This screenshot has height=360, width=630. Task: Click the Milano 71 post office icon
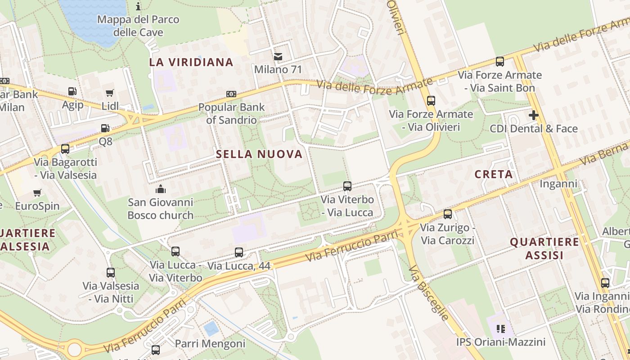click(x=278, y=57)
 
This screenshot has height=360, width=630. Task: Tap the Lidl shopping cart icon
click(x=109, y=93)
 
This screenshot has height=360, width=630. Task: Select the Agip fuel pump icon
click(x=72, y=91)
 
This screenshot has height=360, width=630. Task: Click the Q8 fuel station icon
click(x=105, y=128)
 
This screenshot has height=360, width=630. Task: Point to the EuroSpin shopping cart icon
click(x=37, y=193)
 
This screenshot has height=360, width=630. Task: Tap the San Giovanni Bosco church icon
click(x=160, y=189)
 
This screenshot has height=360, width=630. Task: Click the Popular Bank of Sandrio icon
click(x=231, y=94)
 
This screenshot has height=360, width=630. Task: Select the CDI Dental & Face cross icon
click(x=533, y=115)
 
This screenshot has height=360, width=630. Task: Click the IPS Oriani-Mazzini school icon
click(x=501, y=329)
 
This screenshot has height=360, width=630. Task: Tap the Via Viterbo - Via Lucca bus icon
click(x=347, y=186)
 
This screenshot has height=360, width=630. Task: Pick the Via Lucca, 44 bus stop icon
click(x=239, y=252)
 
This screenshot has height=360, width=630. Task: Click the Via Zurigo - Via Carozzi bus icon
click(x=447, y=214)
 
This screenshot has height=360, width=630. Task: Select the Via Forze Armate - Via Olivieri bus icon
click(x=431, y=101)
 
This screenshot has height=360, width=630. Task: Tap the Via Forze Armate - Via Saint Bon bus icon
click(x=499, y=62)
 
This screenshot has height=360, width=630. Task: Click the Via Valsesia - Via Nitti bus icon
click(x=111, y=272)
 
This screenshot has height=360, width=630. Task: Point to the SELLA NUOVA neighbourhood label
click(x=259, y=154)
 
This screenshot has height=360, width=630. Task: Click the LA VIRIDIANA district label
click(x=191, y=62)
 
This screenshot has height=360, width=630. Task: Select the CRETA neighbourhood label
click(x=494, y=174)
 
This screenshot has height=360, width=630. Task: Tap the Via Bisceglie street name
click(x=429, y=293)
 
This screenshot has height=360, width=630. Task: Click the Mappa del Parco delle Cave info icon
click(x=138, y=6)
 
